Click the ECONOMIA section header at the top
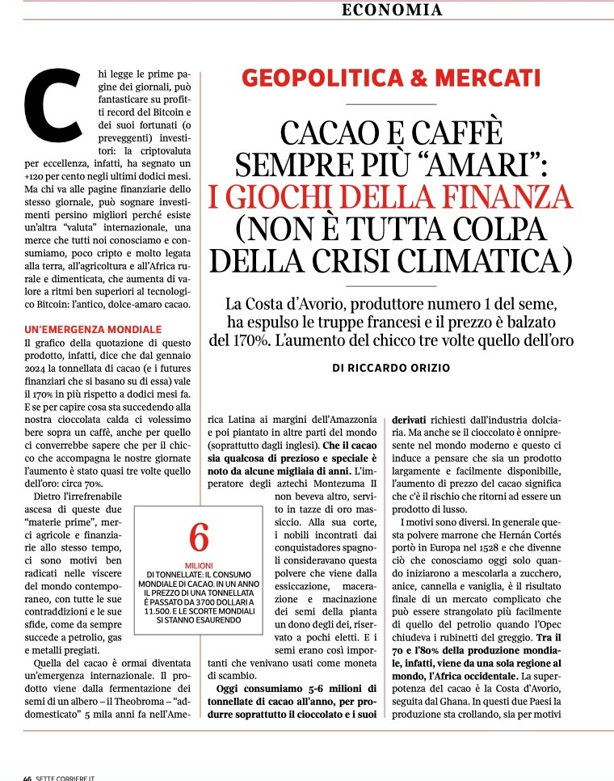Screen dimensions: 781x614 coord(393,11)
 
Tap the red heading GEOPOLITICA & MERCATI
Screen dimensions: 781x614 coord(391,78)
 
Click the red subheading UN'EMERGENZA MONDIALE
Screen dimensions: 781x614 coord(95,329)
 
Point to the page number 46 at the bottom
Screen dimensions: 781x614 coord(27,777)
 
